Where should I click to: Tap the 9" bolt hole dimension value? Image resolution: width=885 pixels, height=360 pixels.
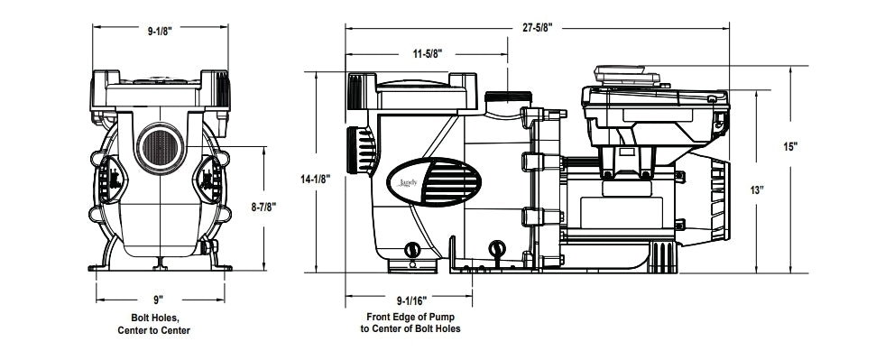(158, 300)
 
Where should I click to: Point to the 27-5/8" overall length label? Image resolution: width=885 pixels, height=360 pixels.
(536, 29)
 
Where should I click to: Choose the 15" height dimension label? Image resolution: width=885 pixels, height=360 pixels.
(790, 147)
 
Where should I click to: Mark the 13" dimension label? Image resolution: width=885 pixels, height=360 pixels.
(755, 190)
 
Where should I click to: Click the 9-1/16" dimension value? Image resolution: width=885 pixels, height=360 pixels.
(412, 300)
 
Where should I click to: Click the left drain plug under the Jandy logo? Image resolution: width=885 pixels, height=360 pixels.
(414, 248)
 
